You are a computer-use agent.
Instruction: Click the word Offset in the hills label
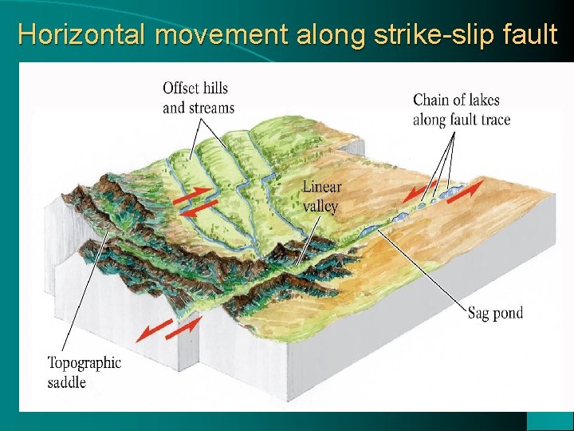coord(182,88)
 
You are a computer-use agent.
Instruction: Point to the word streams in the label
coord(209,108)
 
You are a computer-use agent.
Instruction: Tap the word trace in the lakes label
coord(492,120)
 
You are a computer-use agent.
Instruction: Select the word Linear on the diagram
coord(322,188)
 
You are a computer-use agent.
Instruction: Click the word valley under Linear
coord(320,206)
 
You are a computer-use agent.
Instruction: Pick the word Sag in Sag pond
coord(480,313)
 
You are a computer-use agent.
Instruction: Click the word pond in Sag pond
coord(509,313)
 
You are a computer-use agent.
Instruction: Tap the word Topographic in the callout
coord(85,363)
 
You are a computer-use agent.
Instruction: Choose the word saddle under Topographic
coord(66,382)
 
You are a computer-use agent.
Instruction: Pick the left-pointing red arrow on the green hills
coord(195,209)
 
